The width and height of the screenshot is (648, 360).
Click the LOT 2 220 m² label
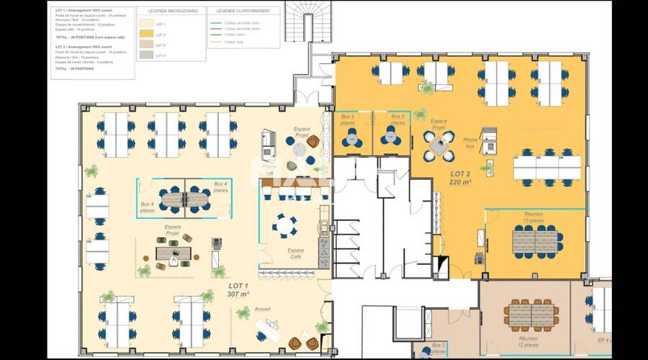coord(460,178)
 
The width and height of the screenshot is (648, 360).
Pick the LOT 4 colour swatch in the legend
coord(147,55)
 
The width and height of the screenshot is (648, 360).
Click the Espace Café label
coord(296,253)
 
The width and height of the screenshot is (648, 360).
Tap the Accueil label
coord(262,309)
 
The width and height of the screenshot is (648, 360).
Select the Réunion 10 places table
coord(536,241)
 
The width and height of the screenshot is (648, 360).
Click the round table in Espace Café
coord(284,226)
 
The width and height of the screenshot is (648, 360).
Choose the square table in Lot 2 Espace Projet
coord(438,145)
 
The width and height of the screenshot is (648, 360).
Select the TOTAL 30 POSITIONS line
coord(75,68)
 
